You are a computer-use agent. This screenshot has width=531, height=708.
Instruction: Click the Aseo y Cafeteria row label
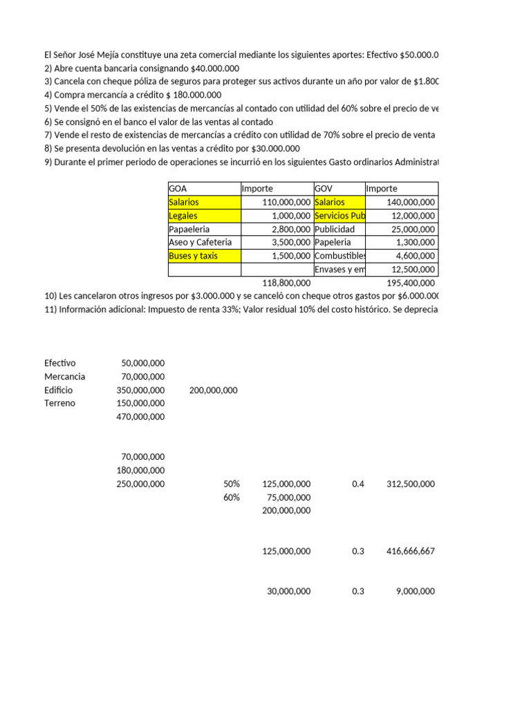(200, 243)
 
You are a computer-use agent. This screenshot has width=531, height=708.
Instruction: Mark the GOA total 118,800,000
(287, 283)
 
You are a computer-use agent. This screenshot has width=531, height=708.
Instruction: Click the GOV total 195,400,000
(411, 283)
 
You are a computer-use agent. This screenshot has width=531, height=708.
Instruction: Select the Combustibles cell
(339, 256)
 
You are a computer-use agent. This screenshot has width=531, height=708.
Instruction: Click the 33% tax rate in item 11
(286, 310)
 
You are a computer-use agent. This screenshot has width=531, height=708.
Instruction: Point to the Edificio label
(58, 390)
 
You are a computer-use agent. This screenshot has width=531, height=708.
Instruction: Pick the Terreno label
(59, 403)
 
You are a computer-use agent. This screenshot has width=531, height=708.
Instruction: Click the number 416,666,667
(411, 551)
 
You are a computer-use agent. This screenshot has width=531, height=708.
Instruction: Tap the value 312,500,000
(411, 484)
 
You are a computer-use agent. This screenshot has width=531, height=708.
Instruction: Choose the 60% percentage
(232, 497)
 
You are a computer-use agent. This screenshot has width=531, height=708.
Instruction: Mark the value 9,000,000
(416, 591)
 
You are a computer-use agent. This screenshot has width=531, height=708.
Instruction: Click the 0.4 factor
(357, 484)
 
